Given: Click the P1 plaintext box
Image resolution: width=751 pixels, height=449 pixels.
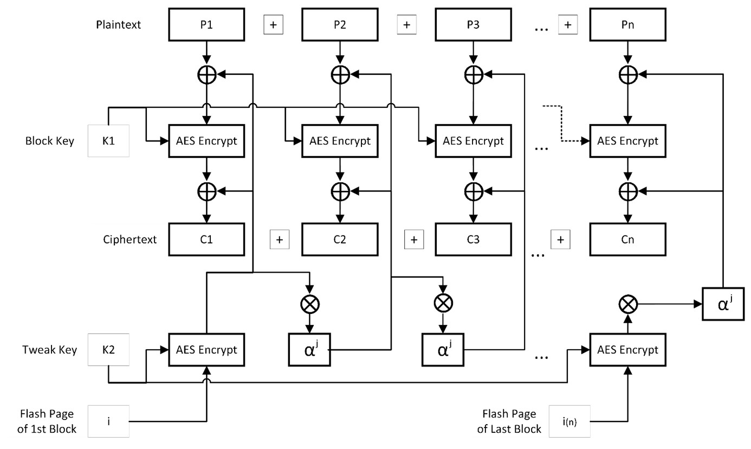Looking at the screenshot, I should [206, 24].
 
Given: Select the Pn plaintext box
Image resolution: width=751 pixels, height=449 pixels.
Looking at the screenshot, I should [627, 24].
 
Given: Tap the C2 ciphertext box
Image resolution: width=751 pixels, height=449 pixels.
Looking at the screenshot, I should [340, 239].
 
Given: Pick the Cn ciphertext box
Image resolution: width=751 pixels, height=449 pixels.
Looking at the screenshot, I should [627, 239].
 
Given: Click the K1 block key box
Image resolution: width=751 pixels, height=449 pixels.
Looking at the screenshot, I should [108, 141].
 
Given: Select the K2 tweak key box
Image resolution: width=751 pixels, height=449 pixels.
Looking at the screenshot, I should [108, 350].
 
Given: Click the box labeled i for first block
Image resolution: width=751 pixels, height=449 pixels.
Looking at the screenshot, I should [108, 421].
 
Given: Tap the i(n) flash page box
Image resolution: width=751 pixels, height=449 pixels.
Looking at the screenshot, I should [569, 421].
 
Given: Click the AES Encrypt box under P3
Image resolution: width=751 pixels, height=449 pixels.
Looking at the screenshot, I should [473, 141].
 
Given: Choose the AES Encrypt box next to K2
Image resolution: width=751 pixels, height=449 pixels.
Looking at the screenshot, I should [206, 350].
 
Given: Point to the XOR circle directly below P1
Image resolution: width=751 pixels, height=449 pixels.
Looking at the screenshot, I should [206, 75].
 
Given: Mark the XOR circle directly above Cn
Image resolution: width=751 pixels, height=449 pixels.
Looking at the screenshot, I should [627, 191].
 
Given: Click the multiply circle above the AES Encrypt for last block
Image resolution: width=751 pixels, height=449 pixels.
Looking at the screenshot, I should [627, 304].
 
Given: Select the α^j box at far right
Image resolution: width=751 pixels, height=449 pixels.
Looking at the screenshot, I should [723, 304].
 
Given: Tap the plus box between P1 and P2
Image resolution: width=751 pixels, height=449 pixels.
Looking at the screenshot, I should [273, 25].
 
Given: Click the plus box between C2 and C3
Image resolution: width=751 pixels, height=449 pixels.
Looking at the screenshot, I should [413, 239].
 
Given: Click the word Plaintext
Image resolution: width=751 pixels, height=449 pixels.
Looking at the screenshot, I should [119, 24].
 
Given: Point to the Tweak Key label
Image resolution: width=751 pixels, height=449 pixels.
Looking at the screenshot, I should [50, 350].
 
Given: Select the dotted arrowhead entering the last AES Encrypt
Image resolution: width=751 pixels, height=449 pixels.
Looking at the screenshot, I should [585, 141].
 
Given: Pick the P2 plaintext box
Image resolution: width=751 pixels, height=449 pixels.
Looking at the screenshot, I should [340, 24].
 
